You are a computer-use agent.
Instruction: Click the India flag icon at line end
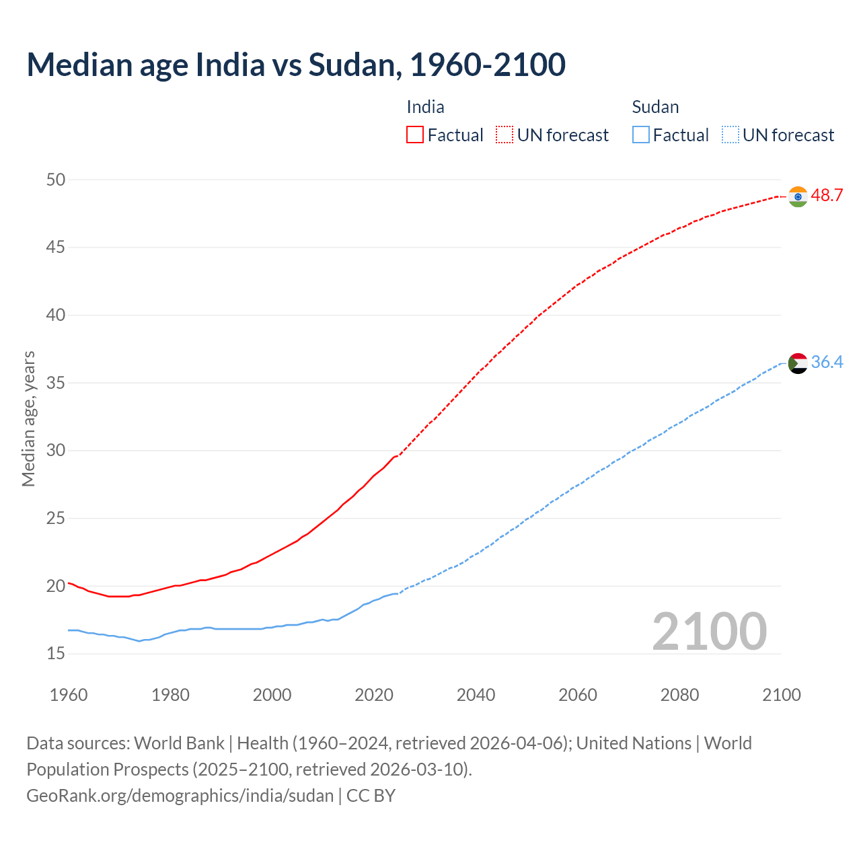798,196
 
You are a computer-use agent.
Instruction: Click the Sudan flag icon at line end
798,363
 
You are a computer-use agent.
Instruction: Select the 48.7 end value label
827,196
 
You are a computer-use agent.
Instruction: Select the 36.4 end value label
827,363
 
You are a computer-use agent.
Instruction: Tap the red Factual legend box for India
415,135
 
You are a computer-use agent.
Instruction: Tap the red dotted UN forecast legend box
504,135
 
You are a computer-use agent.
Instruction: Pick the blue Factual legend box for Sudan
640,135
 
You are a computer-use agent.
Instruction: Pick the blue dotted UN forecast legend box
730,135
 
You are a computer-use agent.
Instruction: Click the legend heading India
425,107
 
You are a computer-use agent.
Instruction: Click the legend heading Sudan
655,107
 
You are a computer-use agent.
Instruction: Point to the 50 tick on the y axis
56,180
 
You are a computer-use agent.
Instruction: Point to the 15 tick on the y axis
56,654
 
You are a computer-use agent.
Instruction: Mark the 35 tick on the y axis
56,383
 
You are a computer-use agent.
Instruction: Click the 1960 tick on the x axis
69,695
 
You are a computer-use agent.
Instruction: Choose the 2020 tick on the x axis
374,695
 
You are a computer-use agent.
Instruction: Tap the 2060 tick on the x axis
578,695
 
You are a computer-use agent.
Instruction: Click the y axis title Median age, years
28,418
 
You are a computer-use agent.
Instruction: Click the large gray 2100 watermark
709,632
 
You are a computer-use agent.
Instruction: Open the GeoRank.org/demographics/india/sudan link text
180,796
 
